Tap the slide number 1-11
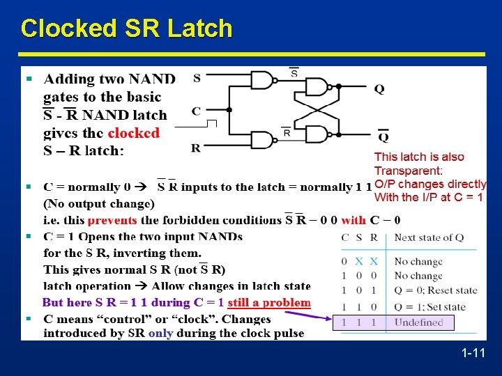(473, 354)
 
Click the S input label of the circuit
(197, 78)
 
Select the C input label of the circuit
(197, 111)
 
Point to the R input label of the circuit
(197, 148)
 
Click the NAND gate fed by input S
(261, 80)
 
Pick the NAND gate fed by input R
(261, 141)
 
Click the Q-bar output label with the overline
(383, 135)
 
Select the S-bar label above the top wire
(294, 72)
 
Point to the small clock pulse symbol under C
(211, 124)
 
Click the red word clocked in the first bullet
(134, 132)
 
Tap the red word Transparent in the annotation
(408, 171)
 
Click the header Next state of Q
(428, 237)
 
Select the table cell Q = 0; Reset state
(436, 290)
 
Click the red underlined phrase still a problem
(269, 303)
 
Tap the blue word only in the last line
(160, 333)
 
